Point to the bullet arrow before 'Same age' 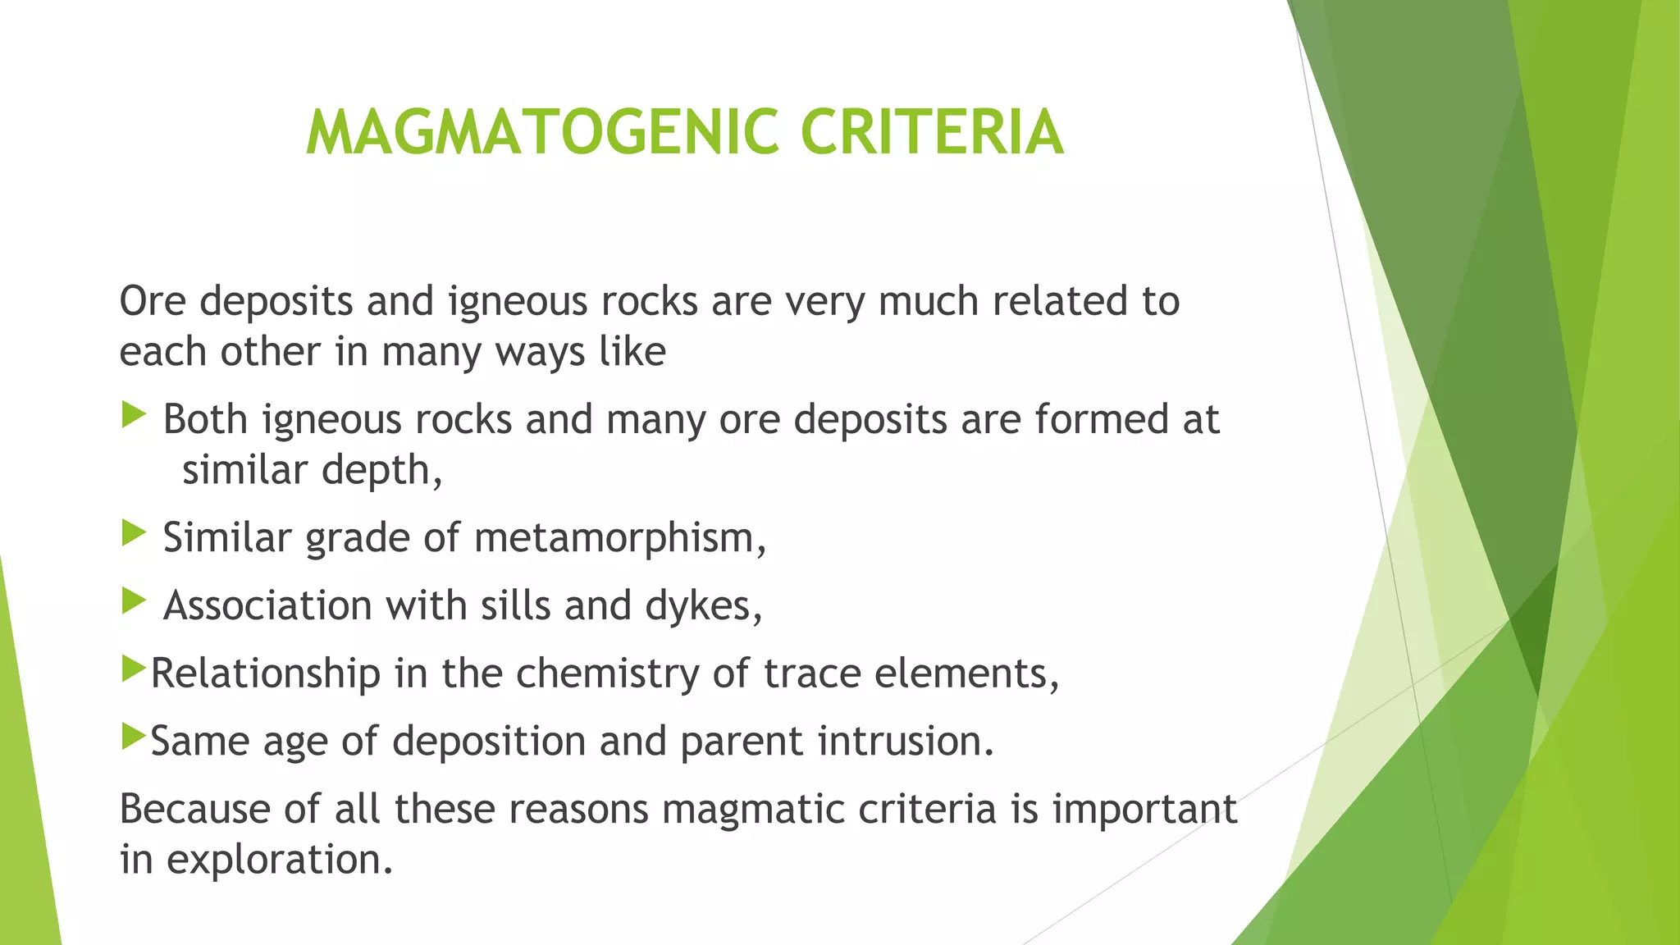tap(133, 737)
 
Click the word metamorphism tap(619, 539)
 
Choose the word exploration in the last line tap(279, 861)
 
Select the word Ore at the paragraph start tap(153, 301)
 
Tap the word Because tap(194, 810)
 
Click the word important tap(1144, 810)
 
